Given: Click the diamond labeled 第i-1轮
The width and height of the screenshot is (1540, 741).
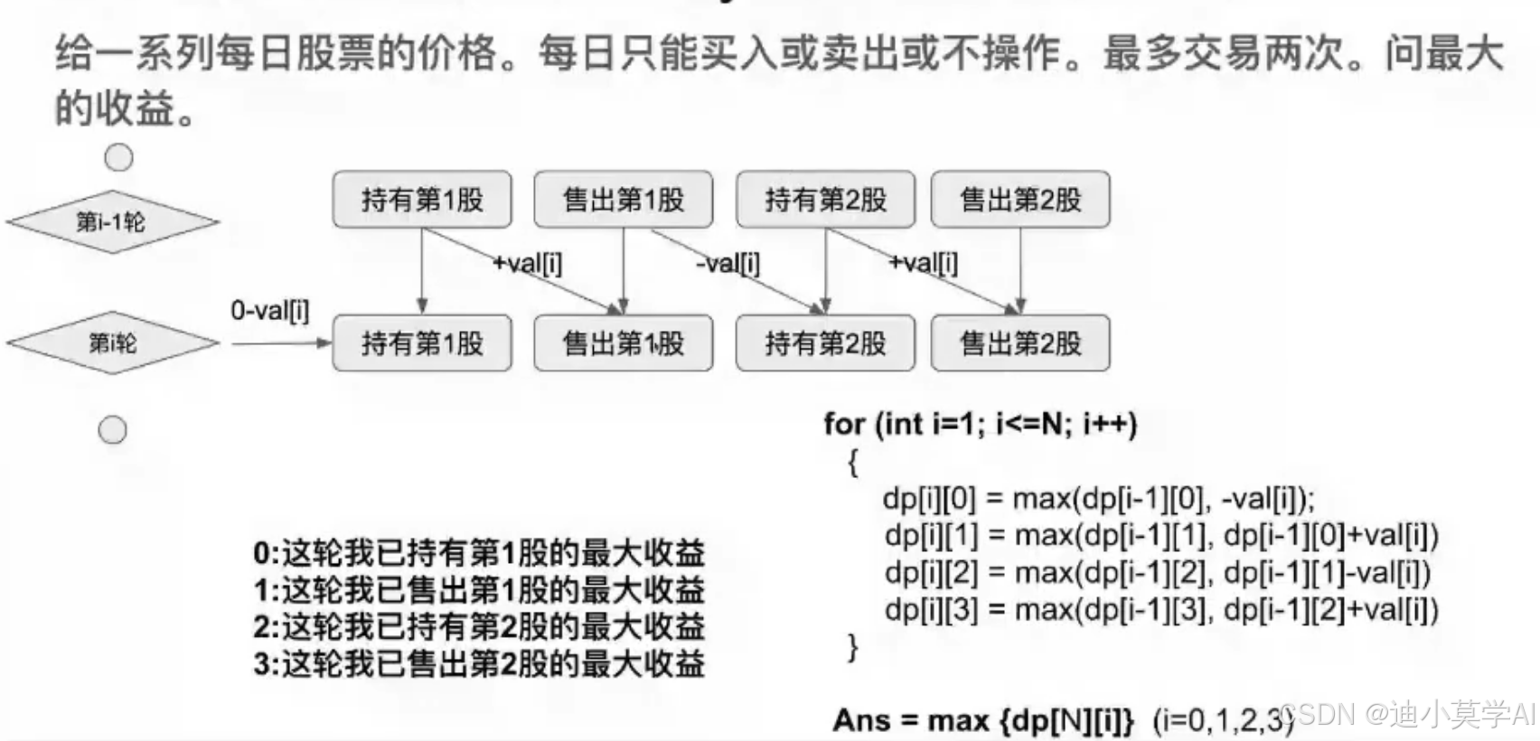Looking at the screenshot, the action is (x=112, y=221).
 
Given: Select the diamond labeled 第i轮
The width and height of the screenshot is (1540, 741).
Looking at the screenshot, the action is (x=112, y=342).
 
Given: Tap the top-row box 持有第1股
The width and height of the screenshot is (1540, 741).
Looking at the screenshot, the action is (x=422, y=200).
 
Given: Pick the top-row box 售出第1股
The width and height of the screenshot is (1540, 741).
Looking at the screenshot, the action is (x=623, y=200).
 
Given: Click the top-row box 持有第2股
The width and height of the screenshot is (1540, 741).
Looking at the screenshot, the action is (x=825, y=200).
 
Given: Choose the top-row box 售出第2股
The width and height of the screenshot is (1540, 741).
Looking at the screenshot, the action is (x=1020, y=200).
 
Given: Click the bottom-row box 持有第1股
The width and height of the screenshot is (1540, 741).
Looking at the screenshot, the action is (x=422, y=343).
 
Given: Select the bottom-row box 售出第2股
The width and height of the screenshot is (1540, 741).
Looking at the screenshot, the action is (x=1020, y=343).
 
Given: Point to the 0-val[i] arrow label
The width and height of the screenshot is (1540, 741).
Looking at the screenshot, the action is (x=269, y=311).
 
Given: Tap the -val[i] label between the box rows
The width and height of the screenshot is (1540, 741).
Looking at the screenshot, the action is (x=728, y=264).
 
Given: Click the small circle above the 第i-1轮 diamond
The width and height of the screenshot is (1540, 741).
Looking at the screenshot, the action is (x=118, y=157).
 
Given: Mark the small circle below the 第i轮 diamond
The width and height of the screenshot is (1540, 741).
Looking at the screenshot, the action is (x=112, y=430).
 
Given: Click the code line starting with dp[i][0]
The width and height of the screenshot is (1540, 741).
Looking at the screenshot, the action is (x=1099, y=499).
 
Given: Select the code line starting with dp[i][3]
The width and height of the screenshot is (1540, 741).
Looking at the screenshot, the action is (x=1161, y=610).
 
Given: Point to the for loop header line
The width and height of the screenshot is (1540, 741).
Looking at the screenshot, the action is (x=981, y=424).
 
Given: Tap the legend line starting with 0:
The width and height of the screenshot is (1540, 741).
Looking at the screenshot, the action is (x=479, y=553).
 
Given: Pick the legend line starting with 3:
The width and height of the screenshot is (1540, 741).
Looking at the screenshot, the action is (x=479, y=665).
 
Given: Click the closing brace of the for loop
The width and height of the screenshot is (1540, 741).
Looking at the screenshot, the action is (x=852, y=647).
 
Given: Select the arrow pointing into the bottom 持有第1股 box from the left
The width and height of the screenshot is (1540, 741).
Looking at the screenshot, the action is (x=280, y=343).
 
